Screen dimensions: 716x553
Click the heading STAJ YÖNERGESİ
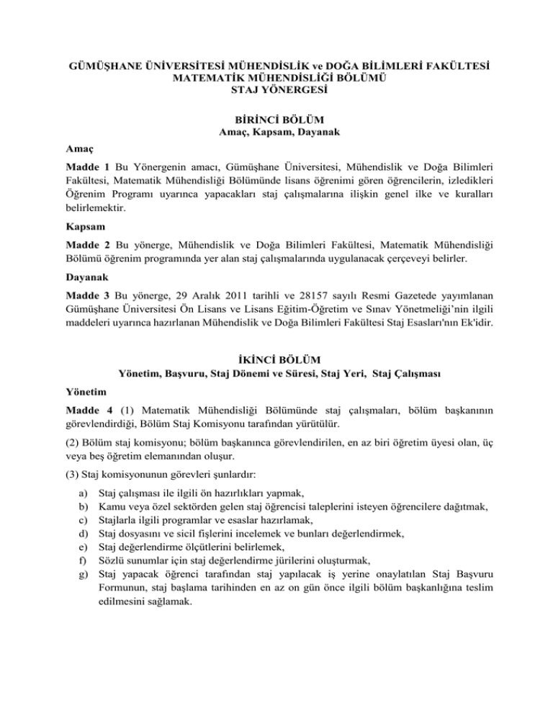pos(276,91)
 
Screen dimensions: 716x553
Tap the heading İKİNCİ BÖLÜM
pos(276,359)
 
